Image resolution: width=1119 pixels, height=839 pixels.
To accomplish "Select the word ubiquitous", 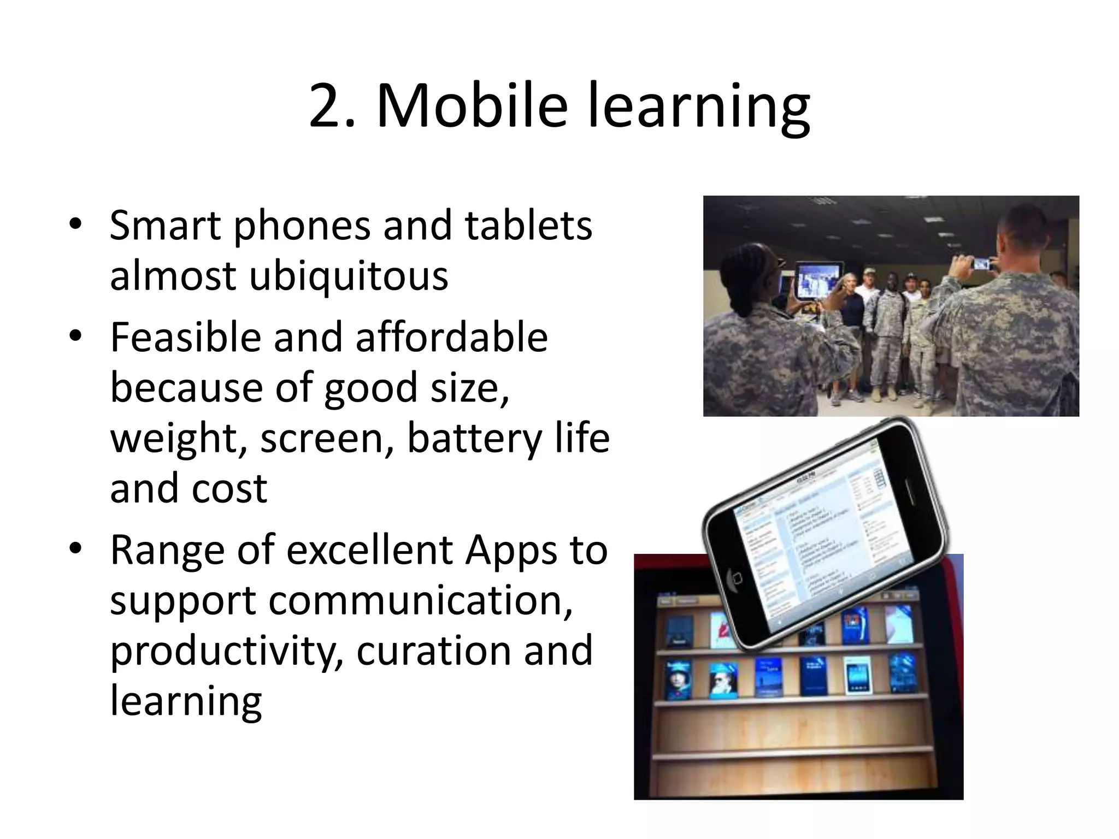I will (349, 275).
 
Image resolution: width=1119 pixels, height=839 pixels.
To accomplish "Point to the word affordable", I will (451, 338).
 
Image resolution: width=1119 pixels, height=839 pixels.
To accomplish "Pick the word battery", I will (473, 438).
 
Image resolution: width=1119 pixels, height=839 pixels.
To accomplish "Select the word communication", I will (420, 600).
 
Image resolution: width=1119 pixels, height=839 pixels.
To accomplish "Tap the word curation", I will (434, 650).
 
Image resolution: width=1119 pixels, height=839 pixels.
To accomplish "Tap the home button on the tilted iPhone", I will (736, 578).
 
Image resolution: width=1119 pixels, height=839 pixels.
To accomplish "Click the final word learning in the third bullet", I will (186, 700).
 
